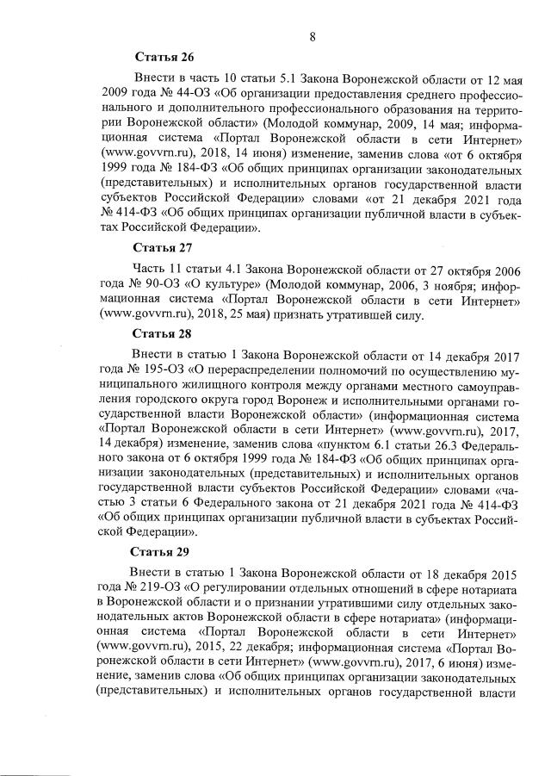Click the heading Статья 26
click(x=164, y=58)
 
